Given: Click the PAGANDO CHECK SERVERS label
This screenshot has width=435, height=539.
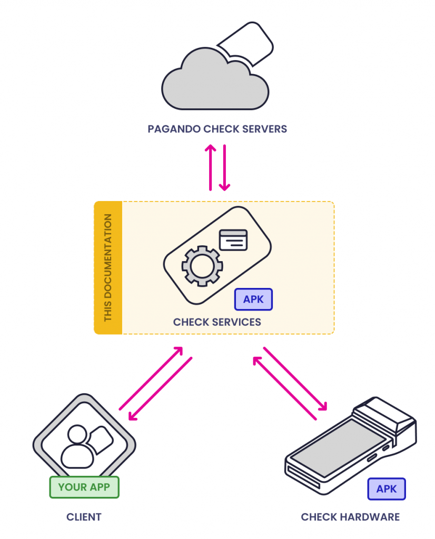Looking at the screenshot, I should pos(217,129).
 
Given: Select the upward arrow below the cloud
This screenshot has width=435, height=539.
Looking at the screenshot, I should pos(210,167).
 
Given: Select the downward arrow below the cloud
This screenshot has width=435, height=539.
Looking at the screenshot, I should pos(225,167).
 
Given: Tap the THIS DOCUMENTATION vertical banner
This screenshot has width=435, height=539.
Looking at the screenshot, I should pos(108,267).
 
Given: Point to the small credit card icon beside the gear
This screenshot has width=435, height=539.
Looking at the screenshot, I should pos(233,240).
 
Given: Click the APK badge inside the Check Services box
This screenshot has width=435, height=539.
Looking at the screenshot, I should pos(253,300).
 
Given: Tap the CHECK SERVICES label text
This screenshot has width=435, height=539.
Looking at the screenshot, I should pos(217,322).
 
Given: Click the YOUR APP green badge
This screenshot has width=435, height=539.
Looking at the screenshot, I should pos(84,487).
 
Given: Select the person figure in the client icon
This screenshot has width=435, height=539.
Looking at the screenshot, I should pos(78,447).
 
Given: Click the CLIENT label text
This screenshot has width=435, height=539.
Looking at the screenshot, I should pos(84,517).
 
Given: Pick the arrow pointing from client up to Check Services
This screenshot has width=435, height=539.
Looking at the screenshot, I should pos(151,378).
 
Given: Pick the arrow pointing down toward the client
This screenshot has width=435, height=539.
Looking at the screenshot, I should pos(160,390).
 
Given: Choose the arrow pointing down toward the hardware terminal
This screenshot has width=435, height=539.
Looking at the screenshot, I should pos(295,378).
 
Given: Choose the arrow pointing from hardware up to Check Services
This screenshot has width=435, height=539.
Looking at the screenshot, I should pos(284,388).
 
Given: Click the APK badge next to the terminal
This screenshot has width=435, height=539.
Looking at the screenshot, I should pos(387,489).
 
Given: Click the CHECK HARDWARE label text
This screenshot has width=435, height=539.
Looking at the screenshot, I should pos(350,517).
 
